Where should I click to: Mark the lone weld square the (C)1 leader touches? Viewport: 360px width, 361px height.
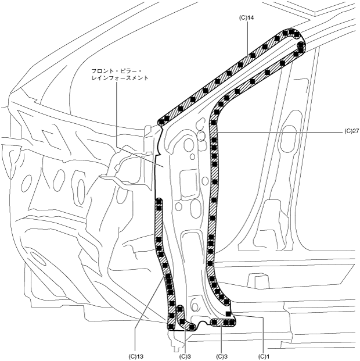click(229, 314)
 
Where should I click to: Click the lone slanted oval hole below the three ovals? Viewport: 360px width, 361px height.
click(35, 258)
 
